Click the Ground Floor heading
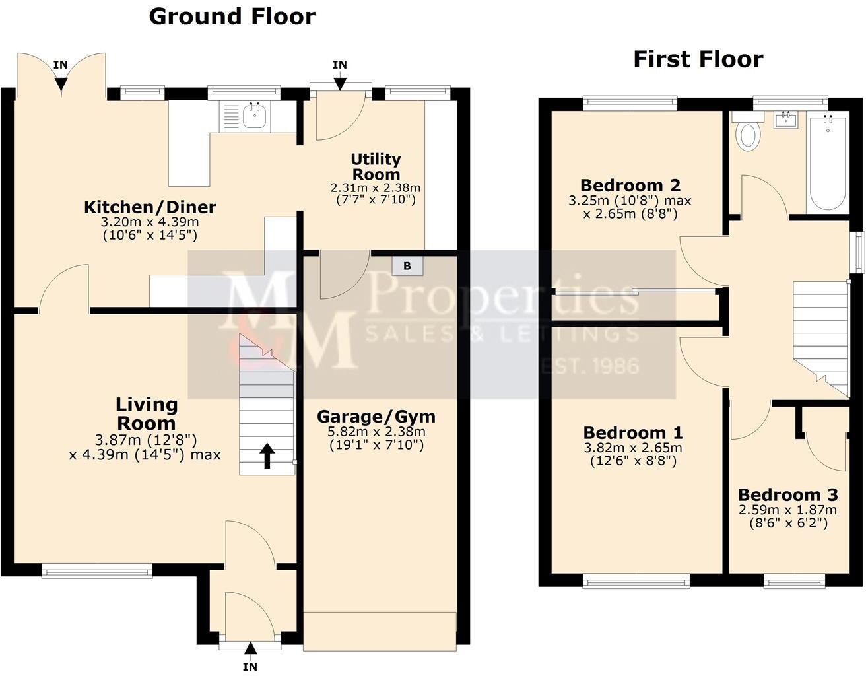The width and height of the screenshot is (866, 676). pos(232,17)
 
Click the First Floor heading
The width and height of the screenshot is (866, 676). pos(698,59)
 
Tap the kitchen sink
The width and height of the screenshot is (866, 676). pos(254,116)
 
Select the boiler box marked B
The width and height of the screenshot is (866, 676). pos(407,266)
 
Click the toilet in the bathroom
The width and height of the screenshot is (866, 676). pos(749,135)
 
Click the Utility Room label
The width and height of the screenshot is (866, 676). pos(376,167)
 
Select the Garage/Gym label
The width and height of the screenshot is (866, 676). pos(376,417)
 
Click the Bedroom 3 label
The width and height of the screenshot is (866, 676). pos(787,495)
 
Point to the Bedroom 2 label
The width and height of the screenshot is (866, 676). pos(630,186)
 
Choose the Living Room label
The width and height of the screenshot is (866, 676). pos(147,414)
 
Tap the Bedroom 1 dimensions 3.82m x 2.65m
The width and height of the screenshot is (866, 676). pos(632,448)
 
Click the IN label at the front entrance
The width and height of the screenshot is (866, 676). pos(250,667)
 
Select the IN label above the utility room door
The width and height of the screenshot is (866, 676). pos(339,65)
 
